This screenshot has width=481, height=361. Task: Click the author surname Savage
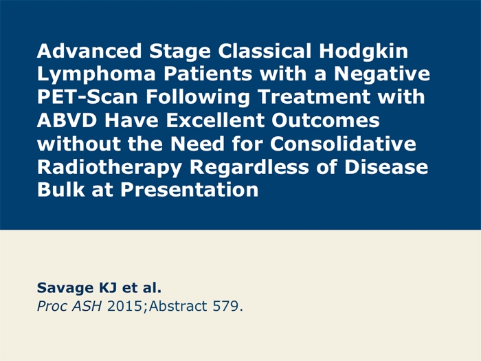pos(61,288)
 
